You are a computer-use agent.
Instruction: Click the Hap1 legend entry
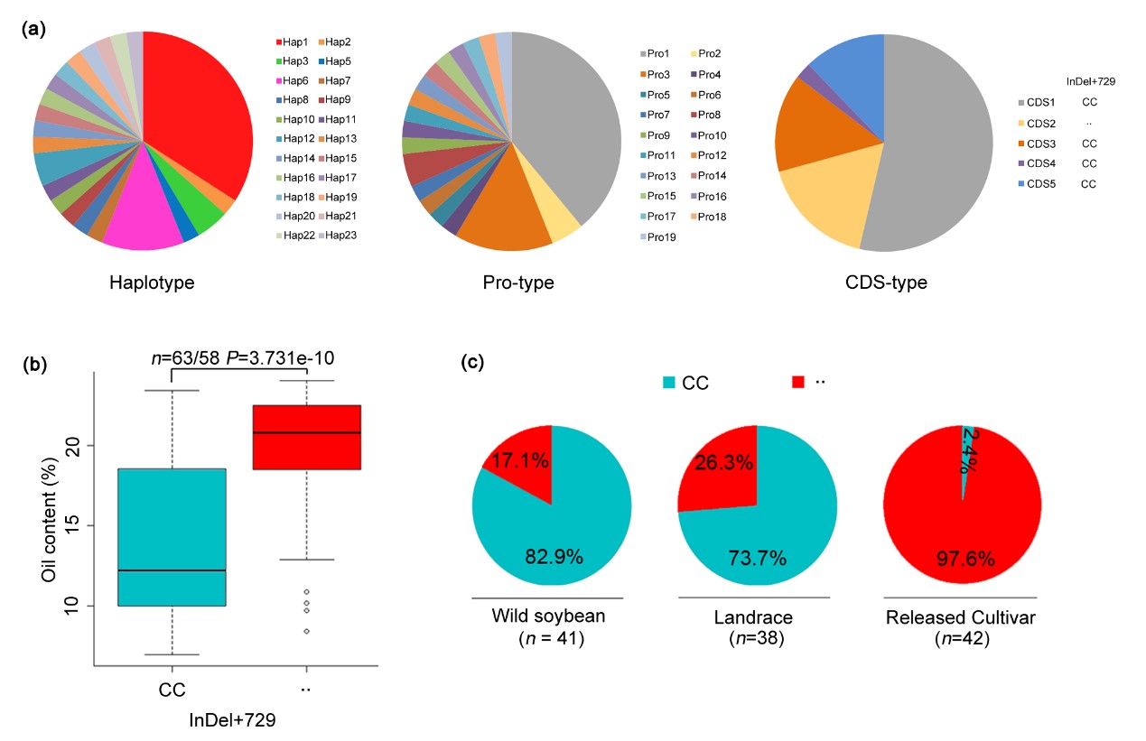point(293,42)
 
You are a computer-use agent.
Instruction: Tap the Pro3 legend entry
point(660,74)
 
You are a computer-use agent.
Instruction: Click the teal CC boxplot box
point(172,537)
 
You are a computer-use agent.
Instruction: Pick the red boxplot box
point(307,437)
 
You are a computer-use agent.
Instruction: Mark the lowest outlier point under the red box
point(307,631)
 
